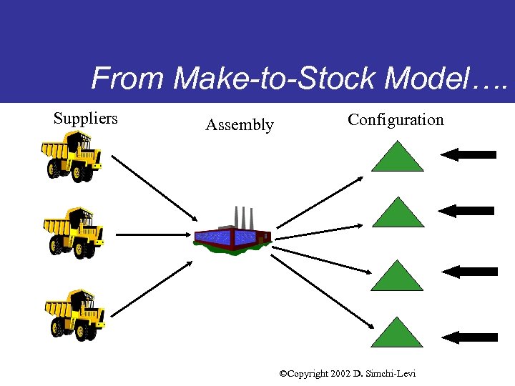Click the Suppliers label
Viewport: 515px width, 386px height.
[x=85, y=119]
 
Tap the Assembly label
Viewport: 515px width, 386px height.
[x=239, y=125]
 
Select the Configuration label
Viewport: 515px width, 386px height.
[x=396, y=119]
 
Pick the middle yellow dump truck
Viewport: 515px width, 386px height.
[x=74, y=233]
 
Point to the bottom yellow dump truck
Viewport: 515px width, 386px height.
[x=74, y=314]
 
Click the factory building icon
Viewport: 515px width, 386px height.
[x=233, y=232]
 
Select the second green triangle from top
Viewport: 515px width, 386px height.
[x=397, y=213]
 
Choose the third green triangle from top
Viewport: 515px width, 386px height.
[x=397, y=276]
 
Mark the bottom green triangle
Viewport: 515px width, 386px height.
[x=397, y=333]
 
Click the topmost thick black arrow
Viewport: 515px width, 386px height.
[x=468, y=154]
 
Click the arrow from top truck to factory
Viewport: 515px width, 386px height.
[x=154, y=188]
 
